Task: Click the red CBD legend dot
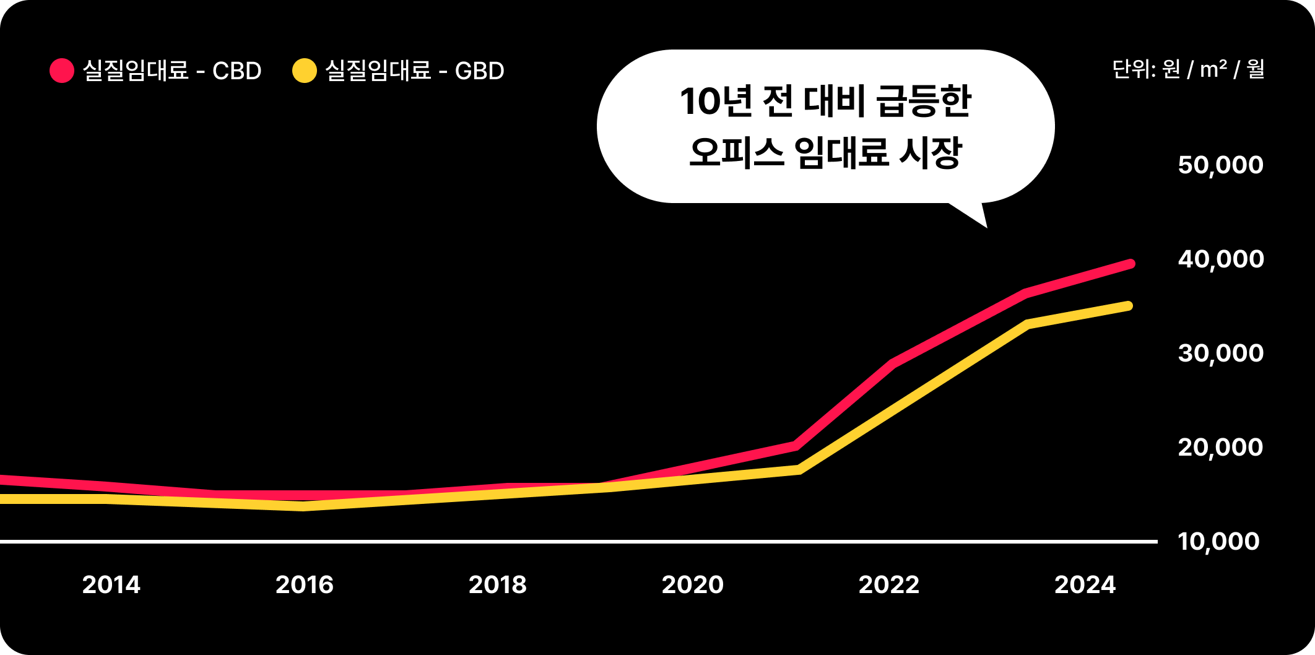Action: (x=62, y=71)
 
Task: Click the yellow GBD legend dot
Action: (x=304, y=71)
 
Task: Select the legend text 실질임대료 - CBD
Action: (x=172, y=71)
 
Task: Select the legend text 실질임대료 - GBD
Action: (x=415, y=71)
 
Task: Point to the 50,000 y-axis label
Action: (x=1220, y=165)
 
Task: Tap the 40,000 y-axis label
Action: (x=1220, y=259)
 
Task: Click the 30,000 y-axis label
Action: (x=1220, y=354)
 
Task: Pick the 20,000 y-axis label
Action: (x=1220, y=448)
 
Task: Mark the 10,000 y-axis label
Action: (x=1218, y=542)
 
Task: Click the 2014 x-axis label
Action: (x=111, y=585)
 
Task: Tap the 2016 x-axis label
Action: (x=305, y=585)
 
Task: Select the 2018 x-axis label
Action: (x=498, y=585)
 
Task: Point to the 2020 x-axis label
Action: (x=693, y=585)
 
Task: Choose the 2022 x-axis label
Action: (x=889, y=585)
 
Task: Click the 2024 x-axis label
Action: (x=1085, y=585)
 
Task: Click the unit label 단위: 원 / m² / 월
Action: (x=1188, y=69)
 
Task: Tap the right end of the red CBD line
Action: (x=1131, y=264)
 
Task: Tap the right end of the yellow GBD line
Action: (x=1129, y=306)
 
